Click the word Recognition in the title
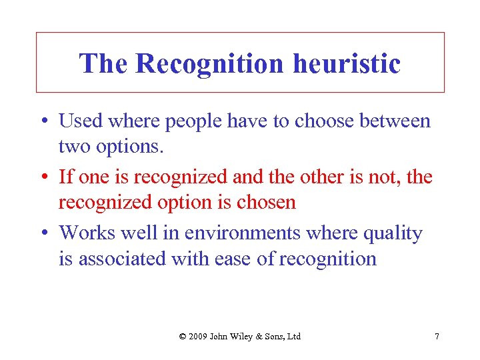point(209,64)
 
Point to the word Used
point(80,121)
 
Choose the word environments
point(226,233)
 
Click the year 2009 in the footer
point(198,336)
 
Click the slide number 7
point(437,336)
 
